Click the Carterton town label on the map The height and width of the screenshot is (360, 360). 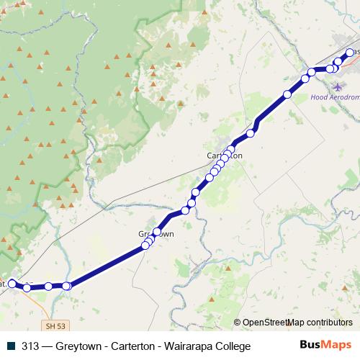coord(224,156)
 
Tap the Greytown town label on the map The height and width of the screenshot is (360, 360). coord(156,235)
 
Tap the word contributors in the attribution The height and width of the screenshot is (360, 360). coord(330,323)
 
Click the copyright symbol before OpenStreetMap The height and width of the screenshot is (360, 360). coord(237,323)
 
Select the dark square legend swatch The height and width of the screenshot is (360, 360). coord(11,346)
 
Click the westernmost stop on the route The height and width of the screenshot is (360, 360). coord(12,284)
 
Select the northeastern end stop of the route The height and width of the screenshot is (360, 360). coord(350,52)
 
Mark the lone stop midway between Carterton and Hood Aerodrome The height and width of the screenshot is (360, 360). coord(287,94)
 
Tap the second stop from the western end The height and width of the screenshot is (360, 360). coord(27,288)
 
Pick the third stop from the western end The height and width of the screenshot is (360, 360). coord(48,287)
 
